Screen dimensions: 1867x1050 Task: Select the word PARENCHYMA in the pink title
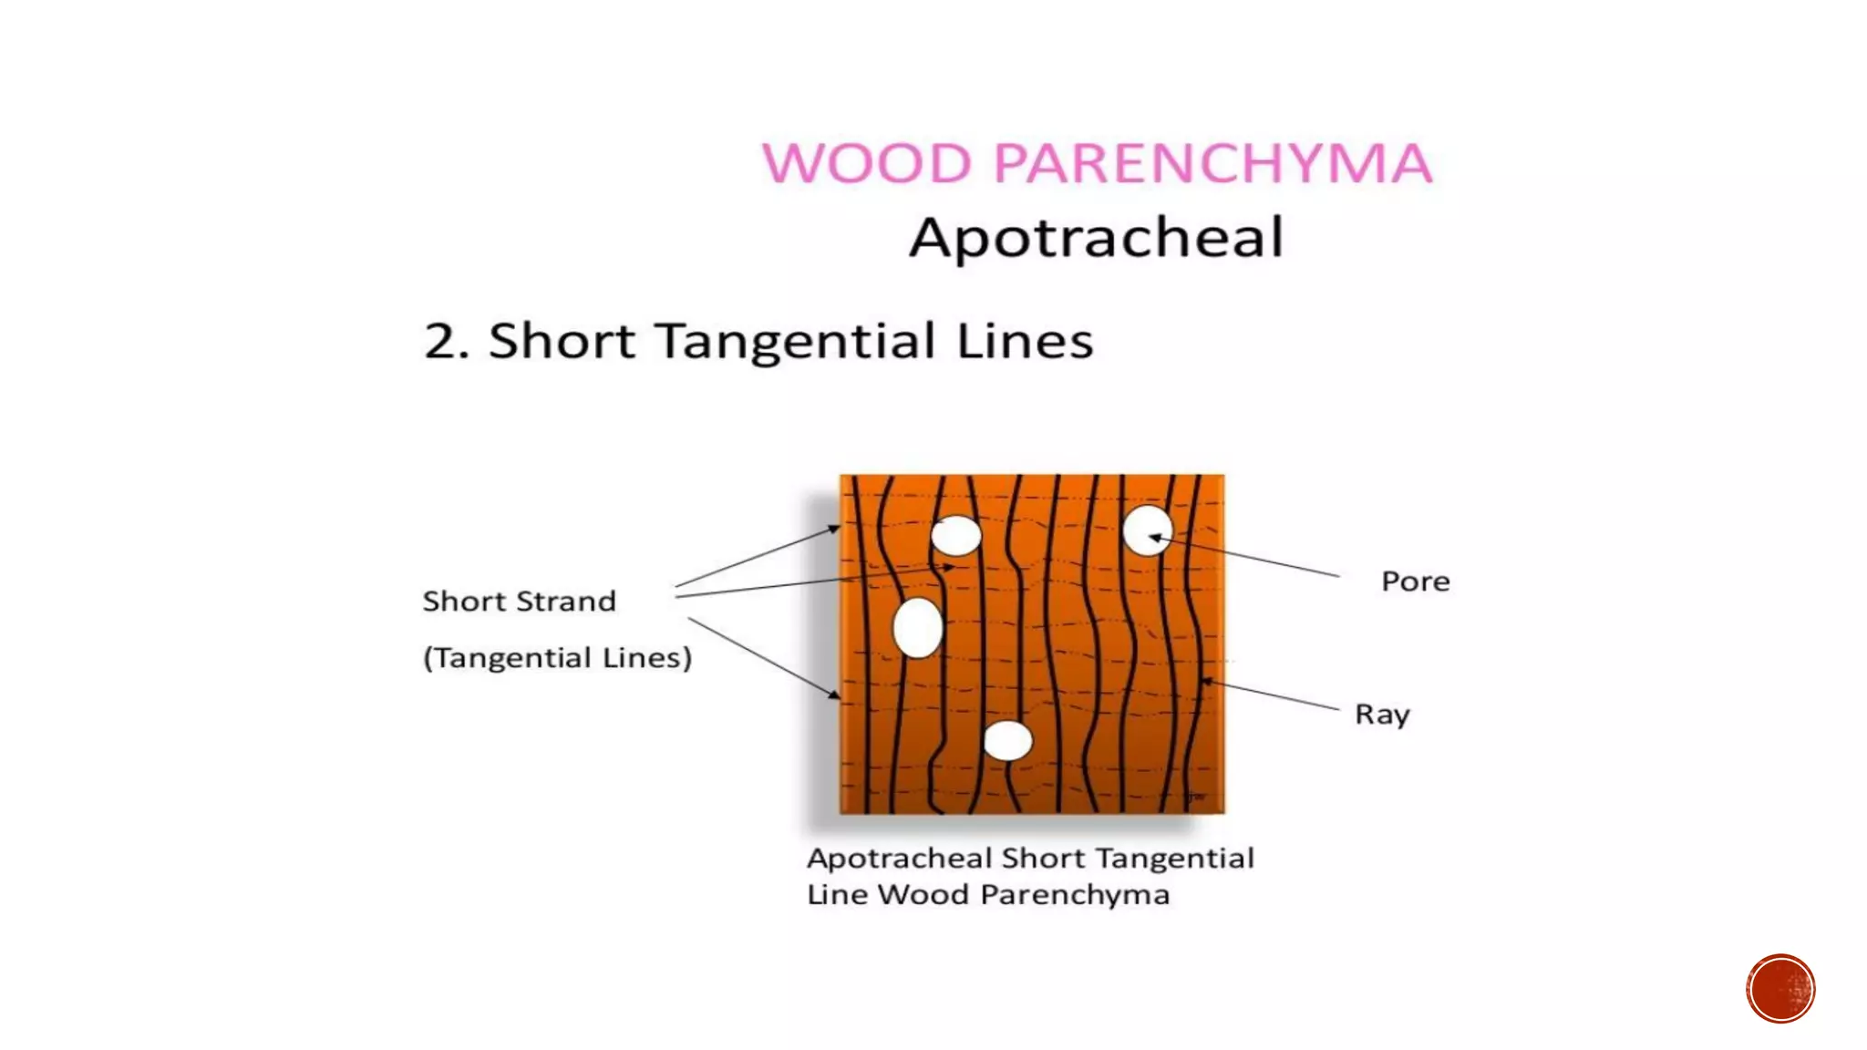(x=1212, y=164)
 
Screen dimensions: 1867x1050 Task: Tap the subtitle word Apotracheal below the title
(x=1097, y=238)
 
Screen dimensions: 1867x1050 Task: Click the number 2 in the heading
(x=442, y=342)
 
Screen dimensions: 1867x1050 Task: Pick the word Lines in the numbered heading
(x=1025, y=342)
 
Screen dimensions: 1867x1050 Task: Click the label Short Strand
(x=520, y=602)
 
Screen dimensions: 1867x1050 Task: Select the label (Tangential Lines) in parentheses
(x=557, y=658)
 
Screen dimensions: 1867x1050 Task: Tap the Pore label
(x=1415, y=582)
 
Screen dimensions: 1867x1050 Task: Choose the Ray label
(x=1382, y=715)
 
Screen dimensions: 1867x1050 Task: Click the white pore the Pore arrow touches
(x=1147, y=530)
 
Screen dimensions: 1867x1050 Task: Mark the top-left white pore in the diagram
(x=955, y=535)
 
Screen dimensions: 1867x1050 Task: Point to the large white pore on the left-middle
(x=917, y=628)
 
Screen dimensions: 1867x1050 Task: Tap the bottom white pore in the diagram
(x=1007, y=741)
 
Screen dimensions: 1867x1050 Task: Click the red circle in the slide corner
(x=1780, y=989)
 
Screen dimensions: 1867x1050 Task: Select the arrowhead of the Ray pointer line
(x=1206, y=681)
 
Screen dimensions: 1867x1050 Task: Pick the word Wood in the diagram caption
(x=923, y=895)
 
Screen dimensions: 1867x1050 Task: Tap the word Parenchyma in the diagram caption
(x=1075, y=895)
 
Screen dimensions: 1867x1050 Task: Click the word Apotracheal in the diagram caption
(x=899, y=859)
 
